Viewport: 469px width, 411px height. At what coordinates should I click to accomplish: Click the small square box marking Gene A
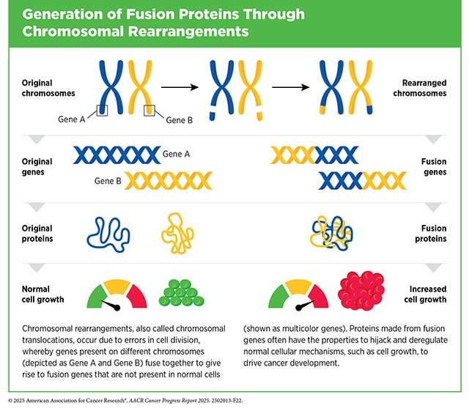pyautogui.click(x=103, y=109)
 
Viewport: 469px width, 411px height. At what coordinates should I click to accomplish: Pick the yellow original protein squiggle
pyautogui.click(x=179, y=233)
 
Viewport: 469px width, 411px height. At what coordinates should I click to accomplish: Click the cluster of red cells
pyautogui.click(x=361, y=289)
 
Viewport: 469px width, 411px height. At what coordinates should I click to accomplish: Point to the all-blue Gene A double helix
pyautogui.click(x=117, y=155)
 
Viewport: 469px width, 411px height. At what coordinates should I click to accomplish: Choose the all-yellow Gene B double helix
pyautogui.click(x=168, y=179)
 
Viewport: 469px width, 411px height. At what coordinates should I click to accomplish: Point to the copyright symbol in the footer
pyautogui.click(x=10, y=402)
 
